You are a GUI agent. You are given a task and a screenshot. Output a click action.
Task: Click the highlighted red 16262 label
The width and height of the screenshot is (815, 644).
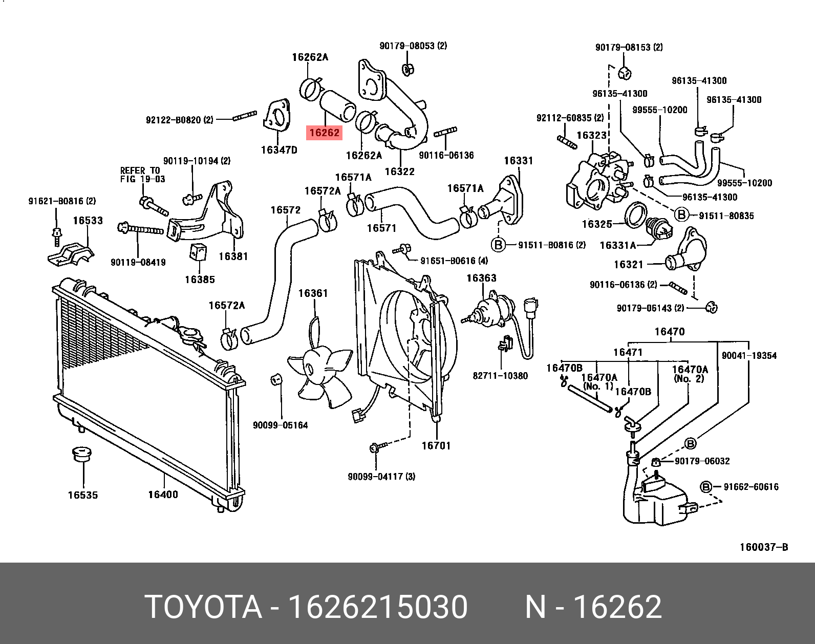[x=324, y=133]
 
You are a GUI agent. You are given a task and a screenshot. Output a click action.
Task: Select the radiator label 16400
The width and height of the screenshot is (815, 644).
[x=163, y=495]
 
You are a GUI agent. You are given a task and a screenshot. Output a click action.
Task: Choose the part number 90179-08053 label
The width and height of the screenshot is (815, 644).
[x=413, y=46]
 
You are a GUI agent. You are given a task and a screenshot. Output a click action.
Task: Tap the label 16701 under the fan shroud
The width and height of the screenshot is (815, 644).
[x=436, y=446]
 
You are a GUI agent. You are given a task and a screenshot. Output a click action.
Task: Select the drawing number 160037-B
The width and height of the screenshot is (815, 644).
[x=763, y=547]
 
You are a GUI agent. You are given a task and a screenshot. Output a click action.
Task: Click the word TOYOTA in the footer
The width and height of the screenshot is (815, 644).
[x=203, y=607]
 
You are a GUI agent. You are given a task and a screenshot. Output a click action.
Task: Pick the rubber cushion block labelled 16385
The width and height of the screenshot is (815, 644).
[x=199, y=252]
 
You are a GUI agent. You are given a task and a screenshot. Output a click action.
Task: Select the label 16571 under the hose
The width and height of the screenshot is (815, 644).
[x=381, y=228]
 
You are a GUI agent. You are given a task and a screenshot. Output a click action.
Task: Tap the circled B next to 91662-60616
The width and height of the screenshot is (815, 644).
[x=706, y=487]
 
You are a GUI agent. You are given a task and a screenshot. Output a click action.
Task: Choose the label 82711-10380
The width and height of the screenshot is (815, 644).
[x=500, y=376]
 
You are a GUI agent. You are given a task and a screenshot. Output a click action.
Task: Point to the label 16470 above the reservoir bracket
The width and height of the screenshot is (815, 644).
[x=669, y=332]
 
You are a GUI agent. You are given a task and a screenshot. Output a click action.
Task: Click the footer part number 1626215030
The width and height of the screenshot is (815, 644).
[x=378, y=607]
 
